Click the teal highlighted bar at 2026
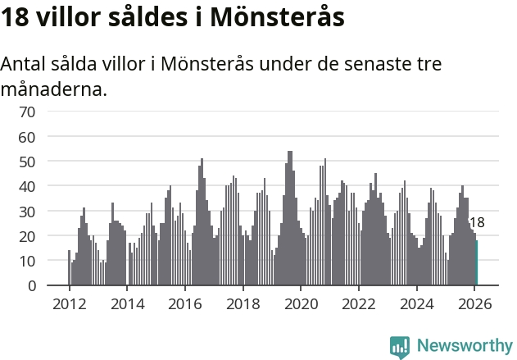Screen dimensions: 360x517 pyautogui.click(x=476, y=263)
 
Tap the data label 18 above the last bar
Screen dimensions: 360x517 pyautogui.click(x=476, y=222)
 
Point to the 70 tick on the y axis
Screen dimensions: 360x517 pyautogui.click(x=27, y=112)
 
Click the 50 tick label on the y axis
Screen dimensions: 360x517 pyautogui.click(x=27, y=162)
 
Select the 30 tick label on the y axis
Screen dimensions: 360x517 pyautogui.click(x=27, y=212)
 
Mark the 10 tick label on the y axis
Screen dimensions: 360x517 pyautogui.click(x=27, y=261)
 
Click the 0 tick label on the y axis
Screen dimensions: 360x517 pyautogui.click(x=31, y=285)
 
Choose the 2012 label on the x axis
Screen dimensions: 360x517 pyautogui.click(x=69, y=303)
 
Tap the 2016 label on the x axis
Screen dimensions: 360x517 pyautogui.click(x=184, y=303)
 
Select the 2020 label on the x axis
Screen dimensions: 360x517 pyautogui.click(x=301, y=303)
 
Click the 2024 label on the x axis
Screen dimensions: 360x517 pyautogui.click(x=416, y=303)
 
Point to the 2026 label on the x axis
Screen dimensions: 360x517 pyautogui.click(x=474, y=303)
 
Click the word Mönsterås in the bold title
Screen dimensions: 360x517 pyautogui.click(x=275, y=16)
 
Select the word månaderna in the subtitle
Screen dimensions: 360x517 pyautogui.click(x=53, y=89)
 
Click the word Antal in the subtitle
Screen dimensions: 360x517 pyautogui.click(x=24, y=64)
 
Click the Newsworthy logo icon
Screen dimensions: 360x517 pyautogui.click(x=400, y=346)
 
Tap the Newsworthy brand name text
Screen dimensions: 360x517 pyautogui.click(x=465, y=346)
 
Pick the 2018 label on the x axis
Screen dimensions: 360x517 pyautogui.click(x=243, y=303)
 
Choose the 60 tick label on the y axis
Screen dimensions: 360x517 pyautogui.click(x=27, y=137)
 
